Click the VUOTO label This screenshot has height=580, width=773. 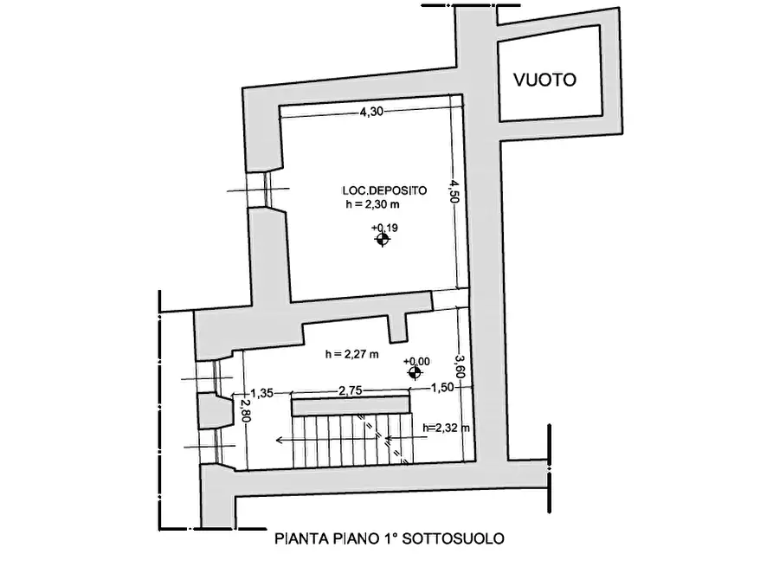click(544, 80)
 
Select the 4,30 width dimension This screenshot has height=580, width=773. click(370, 112)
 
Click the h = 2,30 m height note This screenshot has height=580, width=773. click(373, 205)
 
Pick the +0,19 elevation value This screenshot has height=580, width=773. click(383, 228)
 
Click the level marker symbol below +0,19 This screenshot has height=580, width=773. click(382, 240)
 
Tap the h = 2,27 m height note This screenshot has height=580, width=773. click(354, 353)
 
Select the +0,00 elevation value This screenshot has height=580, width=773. click(418, 361)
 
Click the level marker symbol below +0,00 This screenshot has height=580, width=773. click(415, 373)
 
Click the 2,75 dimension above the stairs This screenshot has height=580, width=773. click(350, 390)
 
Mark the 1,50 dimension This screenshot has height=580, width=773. click(441, 387)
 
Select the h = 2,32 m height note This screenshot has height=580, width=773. click(446, 428)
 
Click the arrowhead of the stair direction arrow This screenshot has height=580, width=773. click(280, 440)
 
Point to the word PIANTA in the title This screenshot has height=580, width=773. click(298, 538)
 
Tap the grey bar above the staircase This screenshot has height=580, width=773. click(350, 404)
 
